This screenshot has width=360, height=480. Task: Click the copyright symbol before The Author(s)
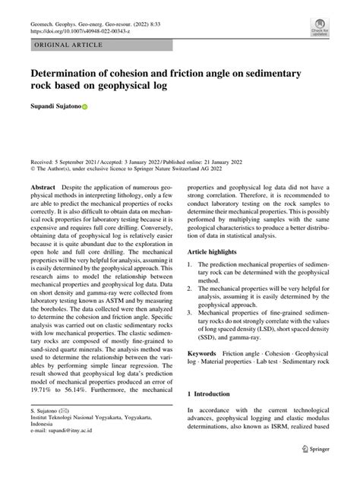click(x=33, y=171)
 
